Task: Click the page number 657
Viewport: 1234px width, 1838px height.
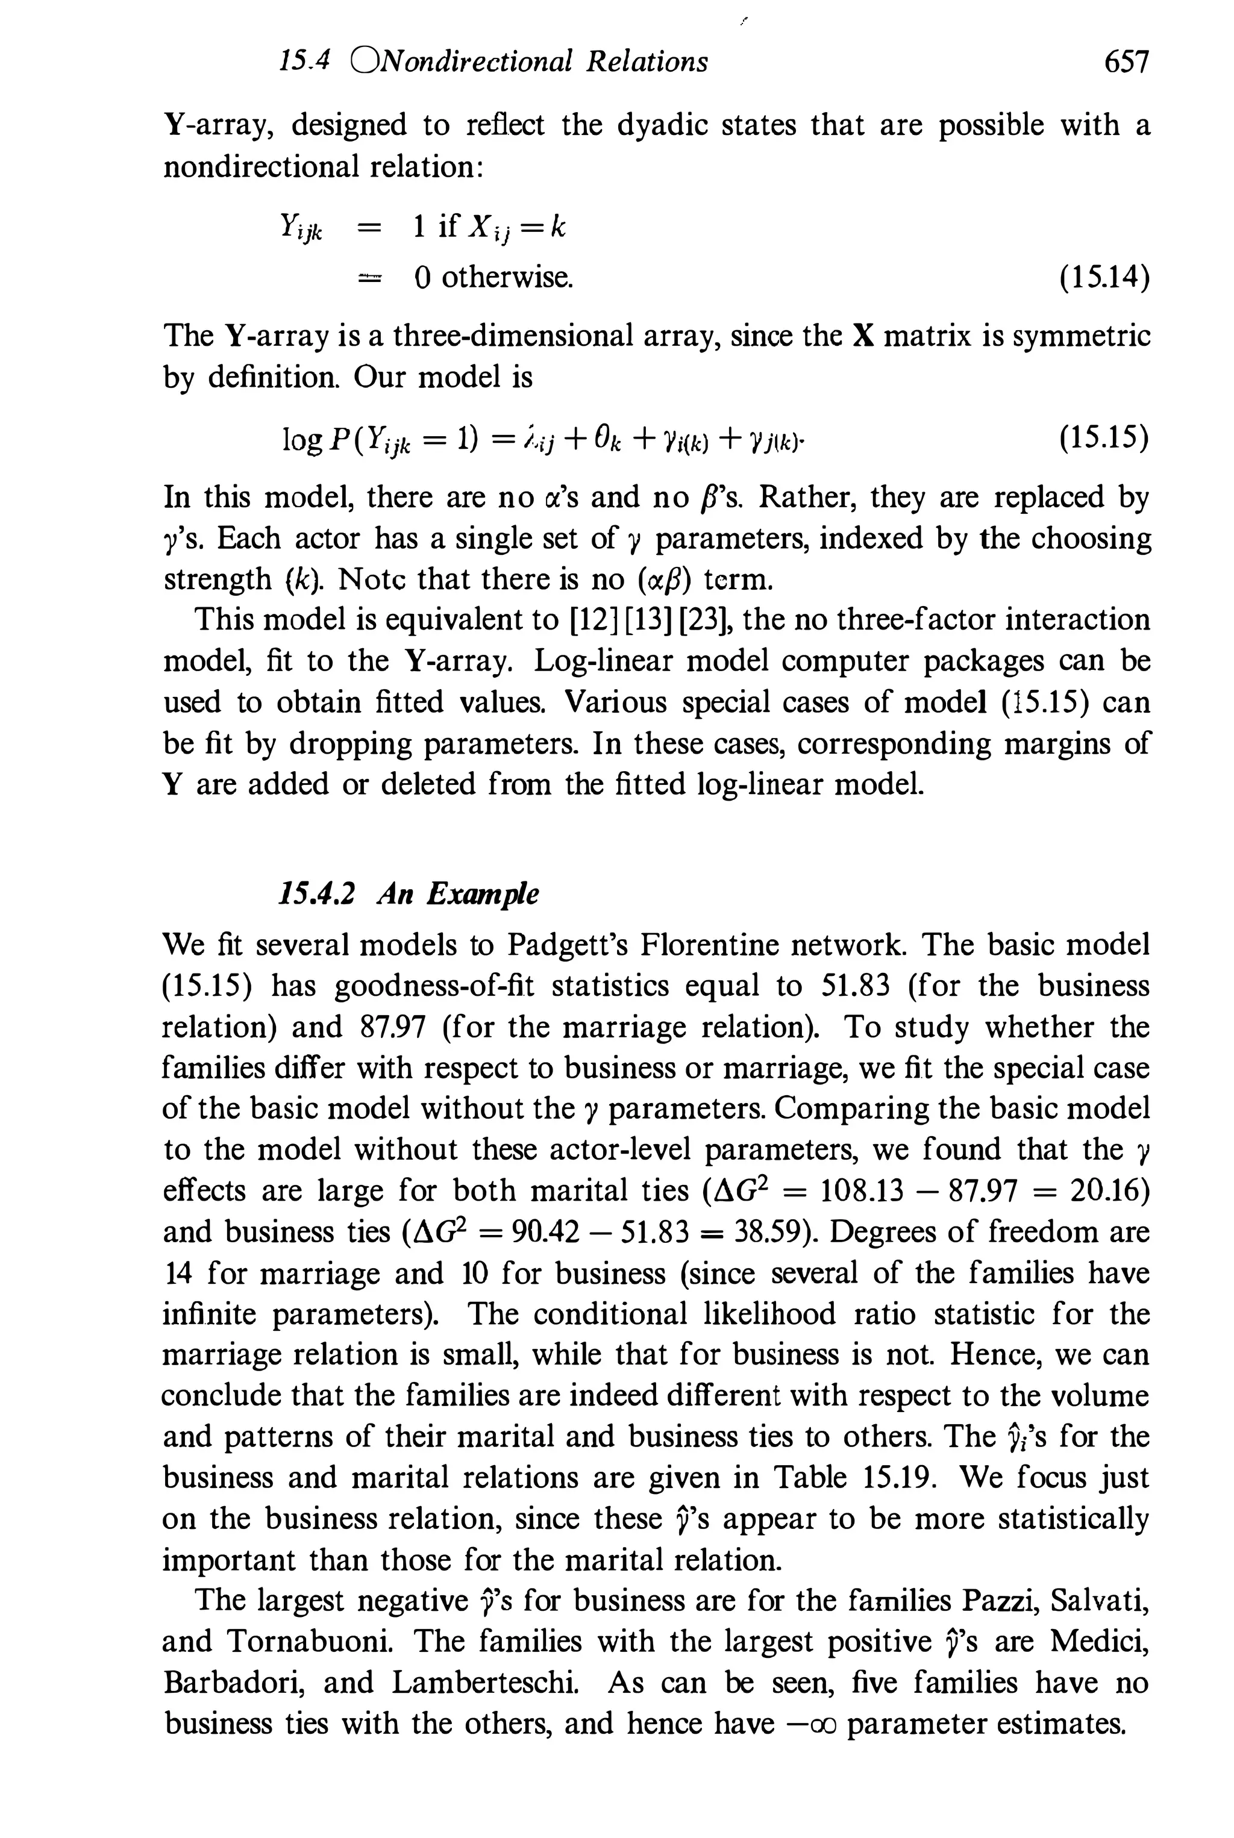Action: pos(1126,61)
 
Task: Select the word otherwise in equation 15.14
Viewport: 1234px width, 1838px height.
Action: pos(506,277)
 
